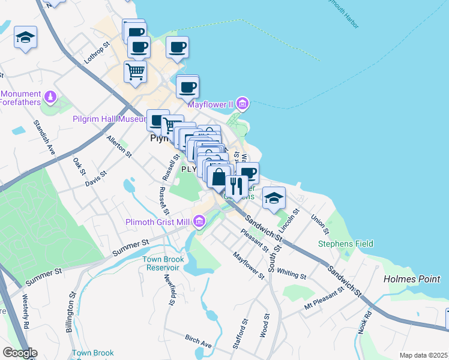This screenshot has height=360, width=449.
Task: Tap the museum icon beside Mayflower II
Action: (x=242, y=104)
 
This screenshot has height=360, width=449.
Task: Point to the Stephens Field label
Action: (x=345, y=244)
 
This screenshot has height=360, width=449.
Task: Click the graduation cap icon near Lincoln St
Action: (x=274, y=198)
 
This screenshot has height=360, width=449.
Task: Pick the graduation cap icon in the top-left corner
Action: (x=26, y=38)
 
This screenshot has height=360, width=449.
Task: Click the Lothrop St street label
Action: (x=98, y=53)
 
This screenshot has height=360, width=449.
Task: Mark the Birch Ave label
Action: (x=198, y=342)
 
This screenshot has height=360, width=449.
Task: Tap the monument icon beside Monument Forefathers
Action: (x=51, y=95)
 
